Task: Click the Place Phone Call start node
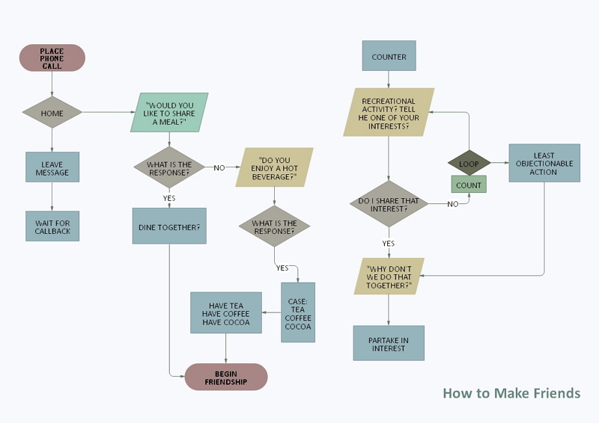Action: point(52,58)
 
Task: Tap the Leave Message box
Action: point(52,168)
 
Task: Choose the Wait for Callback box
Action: point(52,226)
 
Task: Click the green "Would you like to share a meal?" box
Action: point(169,112)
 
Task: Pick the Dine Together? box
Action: point(169,226)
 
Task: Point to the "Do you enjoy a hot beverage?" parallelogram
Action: point(273,168)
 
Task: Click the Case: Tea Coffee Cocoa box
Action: point(298,312)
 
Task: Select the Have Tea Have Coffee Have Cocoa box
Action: point(226,312)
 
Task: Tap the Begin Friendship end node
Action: point(226,377)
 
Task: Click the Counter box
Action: point(389,57)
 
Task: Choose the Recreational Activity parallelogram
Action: point(389,112)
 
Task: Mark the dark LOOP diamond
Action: point(469,164)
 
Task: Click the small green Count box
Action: point(469,185)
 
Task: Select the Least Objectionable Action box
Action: point(544,164)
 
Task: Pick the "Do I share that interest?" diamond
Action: point(389,204)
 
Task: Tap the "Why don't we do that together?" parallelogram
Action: point(389,277)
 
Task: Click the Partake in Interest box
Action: point(389,344)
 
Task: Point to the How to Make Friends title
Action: point(511,393)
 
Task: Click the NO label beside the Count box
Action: point(453,204)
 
